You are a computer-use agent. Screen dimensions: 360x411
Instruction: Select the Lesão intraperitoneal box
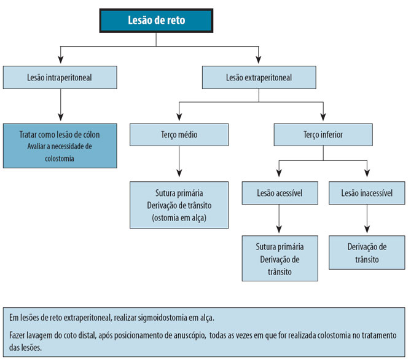coord(60,77)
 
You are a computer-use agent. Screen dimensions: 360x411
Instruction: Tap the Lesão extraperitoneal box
coord(259,77)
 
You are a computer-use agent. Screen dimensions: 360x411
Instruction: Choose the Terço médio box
coord(179,133)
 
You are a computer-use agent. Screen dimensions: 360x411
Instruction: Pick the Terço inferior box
coord(323,133)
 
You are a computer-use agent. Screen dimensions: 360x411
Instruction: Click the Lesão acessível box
coord(280,193)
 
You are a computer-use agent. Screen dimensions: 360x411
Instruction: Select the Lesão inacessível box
coord(367,193)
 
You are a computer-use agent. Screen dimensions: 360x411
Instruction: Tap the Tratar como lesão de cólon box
coord(60,134)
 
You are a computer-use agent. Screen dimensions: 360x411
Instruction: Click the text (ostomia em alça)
coord(179,217)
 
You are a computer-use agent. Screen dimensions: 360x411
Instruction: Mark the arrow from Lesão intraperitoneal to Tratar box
coord(60,111)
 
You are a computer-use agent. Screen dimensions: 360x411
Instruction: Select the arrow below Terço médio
coord(179,169)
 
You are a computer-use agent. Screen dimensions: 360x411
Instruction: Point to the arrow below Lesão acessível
coord(280,224)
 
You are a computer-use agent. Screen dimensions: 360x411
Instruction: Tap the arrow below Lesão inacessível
coord(367,224)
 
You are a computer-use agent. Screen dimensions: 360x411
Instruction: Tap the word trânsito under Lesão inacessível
coord(367,259)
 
